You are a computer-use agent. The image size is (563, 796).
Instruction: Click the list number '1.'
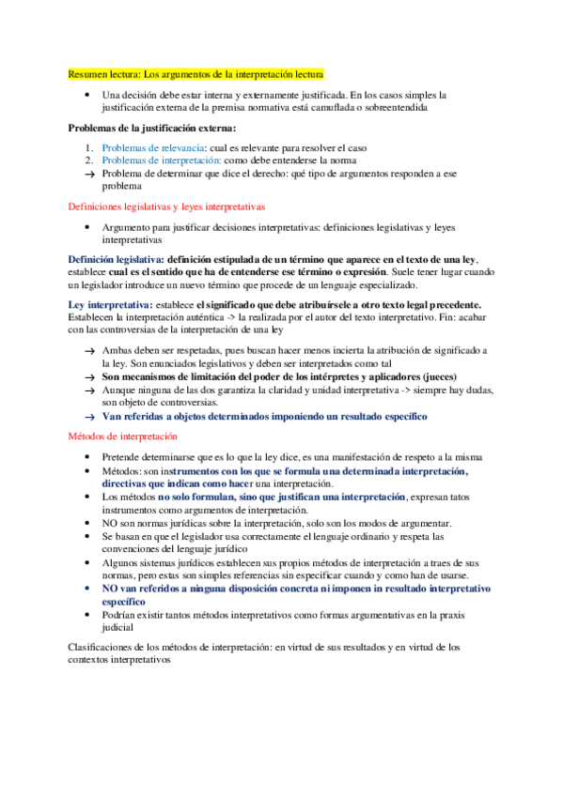pyautogui.click(x=85, y=147)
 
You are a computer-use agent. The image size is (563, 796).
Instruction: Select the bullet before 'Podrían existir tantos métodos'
pyautogui.click(x=86, y=614)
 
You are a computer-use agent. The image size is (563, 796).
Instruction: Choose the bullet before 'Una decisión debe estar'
pyautogui.click(x=86, y=95)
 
